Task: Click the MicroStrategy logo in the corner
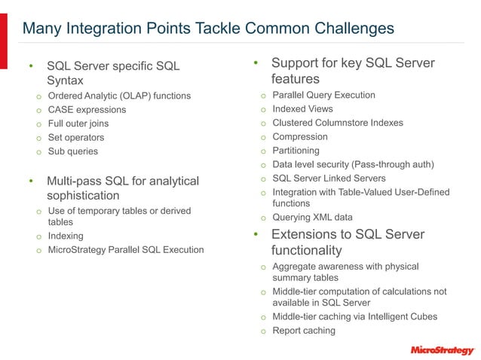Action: click(x=442, y=349)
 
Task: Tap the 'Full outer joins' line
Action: click(x=78, y=124)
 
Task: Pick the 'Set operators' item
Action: click(x=76, y=138)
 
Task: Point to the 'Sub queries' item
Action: click(x=73, y=151)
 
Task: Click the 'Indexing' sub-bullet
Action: click(x=66, y=236)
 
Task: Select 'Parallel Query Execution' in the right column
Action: click(x=323, y=95)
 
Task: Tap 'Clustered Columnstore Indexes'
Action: click(x=337, y=123)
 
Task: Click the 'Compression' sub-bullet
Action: click(x=300, y=137)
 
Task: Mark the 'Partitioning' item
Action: click(x=296, y=151)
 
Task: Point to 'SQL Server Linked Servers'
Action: click(x=329, y=178)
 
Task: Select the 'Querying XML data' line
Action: click(x=312, y=218)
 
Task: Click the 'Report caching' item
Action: click(x=304, y=331)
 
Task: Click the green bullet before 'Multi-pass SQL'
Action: click(x=31, y=182)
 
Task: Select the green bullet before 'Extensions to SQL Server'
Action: click(x=256, y=234)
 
